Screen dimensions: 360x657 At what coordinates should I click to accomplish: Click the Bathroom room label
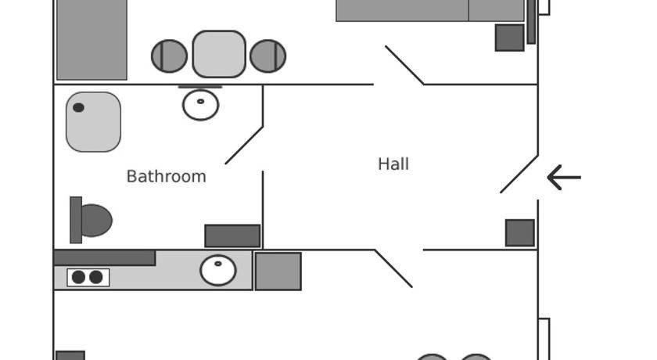(166, 176)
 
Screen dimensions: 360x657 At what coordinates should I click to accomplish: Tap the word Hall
(393, 164)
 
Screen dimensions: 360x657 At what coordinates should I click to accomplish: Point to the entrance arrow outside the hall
(563, 178)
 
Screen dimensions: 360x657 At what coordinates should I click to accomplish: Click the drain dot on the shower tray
(78, 108)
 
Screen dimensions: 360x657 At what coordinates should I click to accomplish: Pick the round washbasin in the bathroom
(201, 103)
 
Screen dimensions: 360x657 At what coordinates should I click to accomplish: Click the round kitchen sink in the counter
(218, 271)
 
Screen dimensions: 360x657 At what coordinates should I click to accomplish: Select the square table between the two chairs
(219, 54)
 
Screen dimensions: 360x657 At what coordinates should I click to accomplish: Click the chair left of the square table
(169, 56)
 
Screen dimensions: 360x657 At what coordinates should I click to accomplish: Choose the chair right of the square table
(268, 56)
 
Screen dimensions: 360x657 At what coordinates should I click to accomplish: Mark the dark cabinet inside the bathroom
(232, 236)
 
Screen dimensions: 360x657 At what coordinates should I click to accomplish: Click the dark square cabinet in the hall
(520, 233)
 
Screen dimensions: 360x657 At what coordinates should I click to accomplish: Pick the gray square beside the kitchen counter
(278, 272)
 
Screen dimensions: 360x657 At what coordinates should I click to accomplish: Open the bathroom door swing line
(244, 145)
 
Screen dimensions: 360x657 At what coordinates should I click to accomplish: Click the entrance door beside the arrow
(519, 174)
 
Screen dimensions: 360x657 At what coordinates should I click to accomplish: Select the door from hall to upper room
(404, 64)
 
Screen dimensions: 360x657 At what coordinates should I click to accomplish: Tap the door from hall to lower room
(393, 268)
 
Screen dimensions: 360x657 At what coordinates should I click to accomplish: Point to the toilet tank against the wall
(76, 220)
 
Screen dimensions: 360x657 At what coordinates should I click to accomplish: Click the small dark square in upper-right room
(509, 38)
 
